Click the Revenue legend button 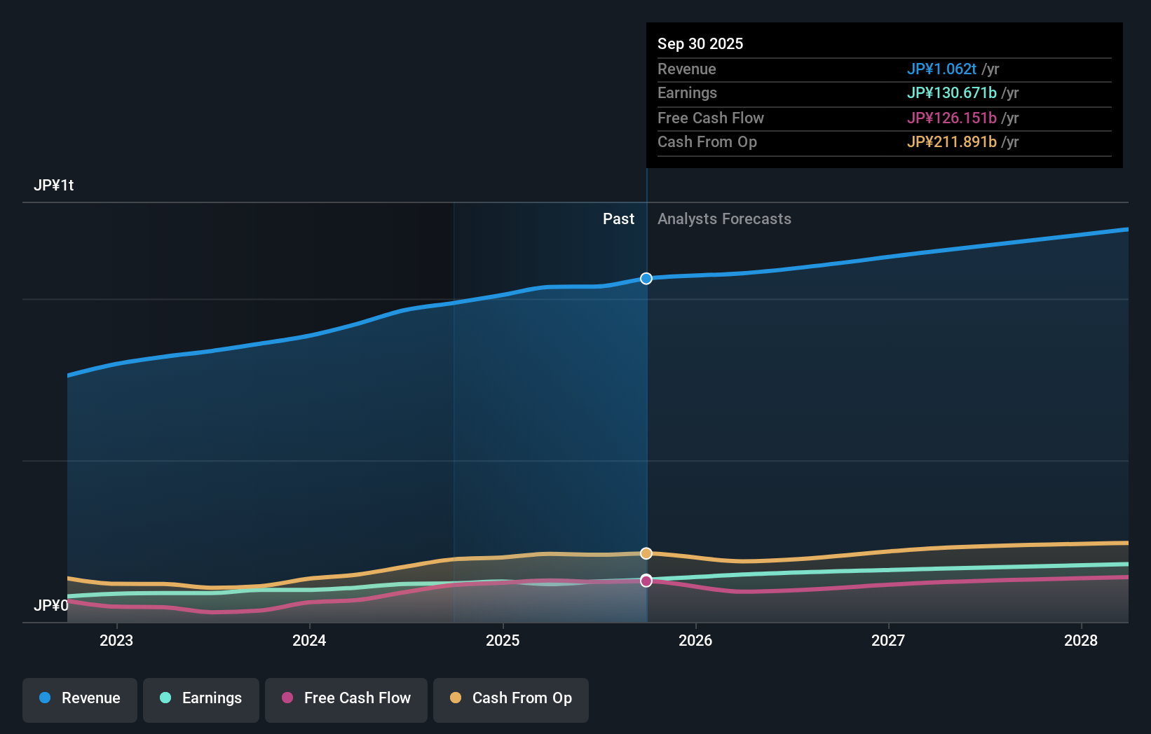[x=80, y=698]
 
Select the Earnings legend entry [x=201, y=698]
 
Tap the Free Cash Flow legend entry [x=346, y=698]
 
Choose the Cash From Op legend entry [x=511, y=698]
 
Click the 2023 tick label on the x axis [x=116, y=640]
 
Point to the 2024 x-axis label [x=309, y=640]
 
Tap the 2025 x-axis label [x=503, y=640]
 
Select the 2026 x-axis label [x=695, y=640]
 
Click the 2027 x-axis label [x=888, y=640]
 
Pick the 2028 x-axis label [x=1081, y=640]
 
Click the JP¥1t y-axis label [x=54, y=186]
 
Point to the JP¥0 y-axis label [x=51, y=605]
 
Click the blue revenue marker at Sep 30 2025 [x=646, y=279]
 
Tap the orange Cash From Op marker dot [x=646, y=553]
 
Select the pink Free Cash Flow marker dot [x=646, y=581]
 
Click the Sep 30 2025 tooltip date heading [x=700, y=43]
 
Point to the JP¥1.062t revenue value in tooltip [x=941, y=69]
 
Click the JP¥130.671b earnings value [x=951, y=92]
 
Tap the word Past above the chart [x=618, y=219]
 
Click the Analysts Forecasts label [x=724, y=219]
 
